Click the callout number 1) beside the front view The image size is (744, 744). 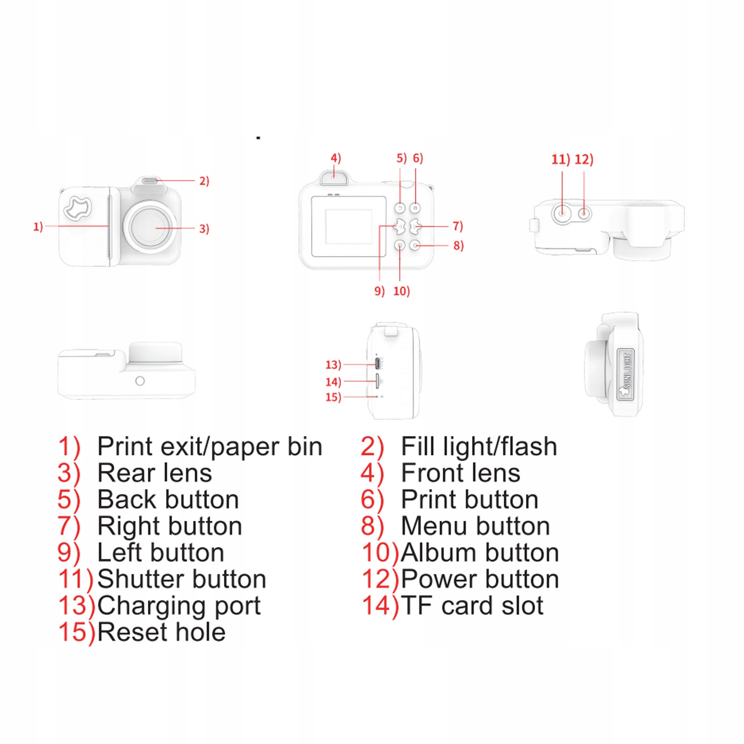(x=38, y=227)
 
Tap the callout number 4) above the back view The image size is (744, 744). (x=336, y=158)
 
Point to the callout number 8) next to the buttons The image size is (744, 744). (x=458, y=245)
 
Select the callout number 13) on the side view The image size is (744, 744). (x=333, y=365)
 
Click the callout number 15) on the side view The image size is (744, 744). (x=333, y=397)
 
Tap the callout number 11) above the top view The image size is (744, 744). (x=560, y=160)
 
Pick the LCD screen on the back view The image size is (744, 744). (x=349, y=226)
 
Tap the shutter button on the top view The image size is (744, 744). (x=562, y=213)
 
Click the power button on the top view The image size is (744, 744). (x=584, y=214)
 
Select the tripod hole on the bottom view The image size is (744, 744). (x=140, y=381)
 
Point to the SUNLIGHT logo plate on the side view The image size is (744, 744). (x=625, y=375)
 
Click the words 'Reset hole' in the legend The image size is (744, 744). (x=161, y=632)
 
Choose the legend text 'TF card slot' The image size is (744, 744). (x=472, y=606)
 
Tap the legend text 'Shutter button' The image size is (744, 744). (x=182, y=579)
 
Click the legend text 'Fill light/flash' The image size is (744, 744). (x=479, y=447)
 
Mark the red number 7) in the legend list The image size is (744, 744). (x=69, y=527)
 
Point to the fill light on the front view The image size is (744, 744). (x=150, y=181)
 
